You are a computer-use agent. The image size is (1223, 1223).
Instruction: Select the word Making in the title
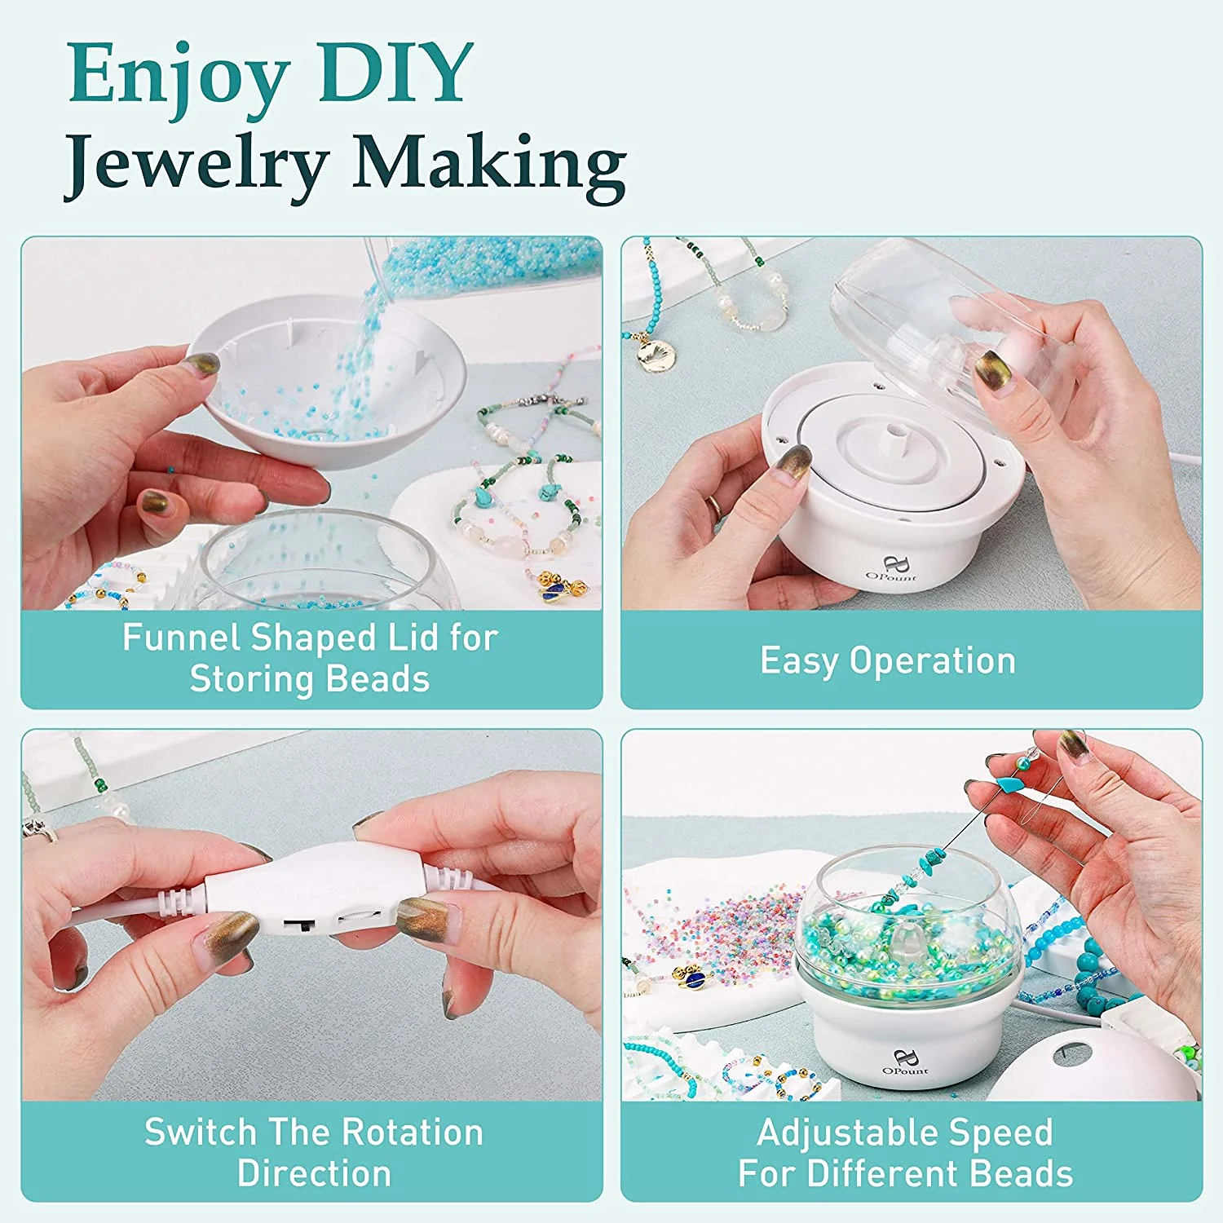489,165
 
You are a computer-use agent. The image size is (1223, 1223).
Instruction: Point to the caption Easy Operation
888,661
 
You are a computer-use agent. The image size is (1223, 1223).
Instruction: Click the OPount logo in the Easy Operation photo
892,568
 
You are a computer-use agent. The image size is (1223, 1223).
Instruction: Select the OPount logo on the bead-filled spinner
905,1062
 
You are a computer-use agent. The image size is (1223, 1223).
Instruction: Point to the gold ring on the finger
713,506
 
